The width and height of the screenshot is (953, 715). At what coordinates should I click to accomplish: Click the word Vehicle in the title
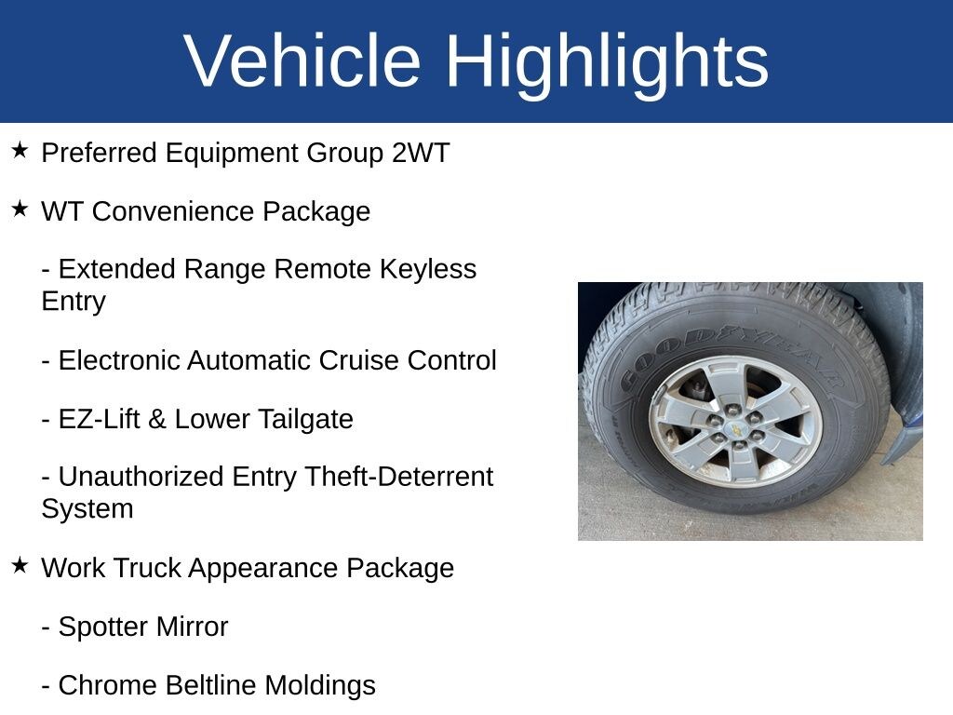coord(302,61)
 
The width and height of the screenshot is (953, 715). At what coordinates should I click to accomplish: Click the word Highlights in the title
coord(607,64)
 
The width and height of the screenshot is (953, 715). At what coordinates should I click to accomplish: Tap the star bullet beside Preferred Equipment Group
coord(20,150)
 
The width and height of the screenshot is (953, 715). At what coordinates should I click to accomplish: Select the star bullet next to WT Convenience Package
coord(20,209)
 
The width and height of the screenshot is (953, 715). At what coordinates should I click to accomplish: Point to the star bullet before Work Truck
coord(20,565)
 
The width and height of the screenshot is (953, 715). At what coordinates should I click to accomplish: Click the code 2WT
coord(421,153)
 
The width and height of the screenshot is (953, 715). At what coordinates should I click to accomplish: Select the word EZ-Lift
coord(99,420)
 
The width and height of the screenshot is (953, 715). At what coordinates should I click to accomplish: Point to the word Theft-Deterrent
coord(398,477)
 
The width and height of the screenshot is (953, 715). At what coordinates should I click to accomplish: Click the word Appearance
coord(263,569)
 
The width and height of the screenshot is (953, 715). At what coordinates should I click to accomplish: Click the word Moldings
coord(320,686)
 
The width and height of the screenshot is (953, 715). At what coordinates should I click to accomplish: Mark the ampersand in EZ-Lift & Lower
coord(156,420)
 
